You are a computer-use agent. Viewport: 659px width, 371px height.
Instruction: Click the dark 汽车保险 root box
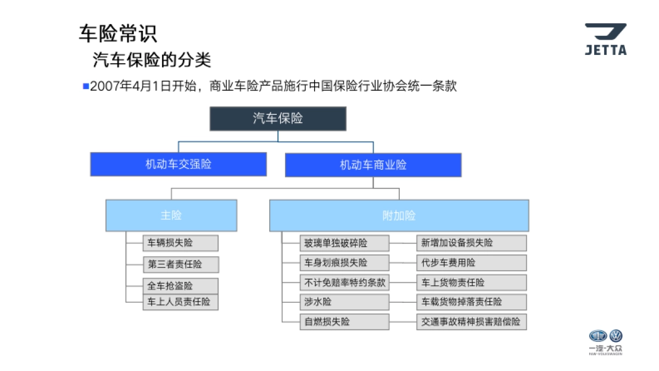pyautogui.click(x=278, y=118)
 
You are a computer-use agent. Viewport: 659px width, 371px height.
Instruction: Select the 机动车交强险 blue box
pyautogui.click(x=178, y=164)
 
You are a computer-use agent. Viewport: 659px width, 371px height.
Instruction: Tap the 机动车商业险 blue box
pyautogui.click(x=373, y=165)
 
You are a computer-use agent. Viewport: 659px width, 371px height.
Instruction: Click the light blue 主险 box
pyautogui.click(x=171, y=215)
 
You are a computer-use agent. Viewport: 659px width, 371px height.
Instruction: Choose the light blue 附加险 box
pyautogui.click(x=399, y=215)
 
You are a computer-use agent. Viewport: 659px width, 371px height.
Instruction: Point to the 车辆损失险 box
pyautogui.click(x=181, y=243)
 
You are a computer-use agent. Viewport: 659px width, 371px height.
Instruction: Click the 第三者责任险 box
pyautogui.click(x=181, y=264)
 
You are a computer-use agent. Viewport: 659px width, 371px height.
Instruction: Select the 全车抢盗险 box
pyautogui.click(x=181, y=286)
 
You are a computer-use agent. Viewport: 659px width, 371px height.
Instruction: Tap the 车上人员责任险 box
pyautogui.click(x=181, y=302)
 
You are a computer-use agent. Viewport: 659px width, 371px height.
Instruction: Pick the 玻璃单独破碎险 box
pyautogui.click(x=344, y=243)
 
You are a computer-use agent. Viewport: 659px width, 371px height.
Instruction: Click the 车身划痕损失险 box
pyautogui.click(x=344, y=263)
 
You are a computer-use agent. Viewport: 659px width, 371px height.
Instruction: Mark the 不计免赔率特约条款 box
pyautogui.click(x=344, y=283)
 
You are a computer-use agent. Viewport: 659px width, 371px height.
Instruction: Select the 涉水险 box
pyautogui.click(x=344, y=302)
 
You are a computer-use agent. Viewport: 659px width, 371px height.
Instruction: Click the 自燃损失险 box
pyautogui.click(x=344, y=322)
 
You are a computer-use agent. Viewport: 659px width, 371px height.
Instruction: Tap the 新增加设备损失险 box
pyautogui.click(x=471, y=243)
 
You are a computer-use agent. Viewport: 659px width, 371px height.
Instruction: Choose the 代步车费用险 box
pyautogui.click(x=471, y=263)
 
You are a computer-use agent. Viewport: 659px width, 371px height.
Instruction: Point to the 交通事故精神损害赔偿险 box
pyautogui.click(x=471, y=322)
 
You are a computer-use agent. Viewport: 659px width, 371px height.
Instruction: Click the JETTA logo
pyautogui.click(x=605, y=39)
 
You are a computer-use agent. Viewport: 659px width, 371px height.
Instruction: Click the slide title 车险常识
pyautogui.click(x=118, y=34)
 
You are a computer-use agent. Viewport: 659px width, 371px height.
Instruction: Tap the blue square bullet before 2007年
pyautogui.click(x=86, y=86)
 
